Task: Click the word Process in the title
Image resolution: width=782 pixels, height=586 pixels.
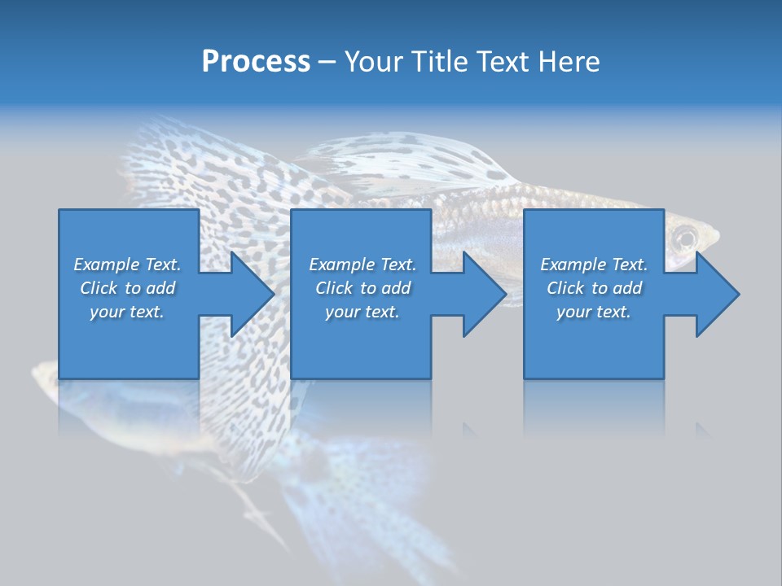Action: pyautogui.click(x=256, y=62)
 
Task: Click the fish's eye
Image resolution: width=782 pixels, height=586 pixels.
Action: pyautogui.click(x=685, y=238)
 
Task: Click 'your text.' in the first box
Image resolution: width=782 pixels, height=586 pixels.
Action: pyautogui.click(x=127, y=312)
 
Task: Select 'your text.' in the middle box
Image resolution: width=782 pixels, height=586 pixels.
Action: pyautogui.click(x=362, y=312)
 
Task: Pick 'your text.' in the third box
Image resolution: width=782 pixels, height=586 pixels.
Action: pyautogui.click(x=594, y=312)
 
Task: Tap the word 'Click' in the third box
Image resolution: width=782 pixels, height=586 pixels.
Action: pyautogui.click(x=566, y=288)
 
